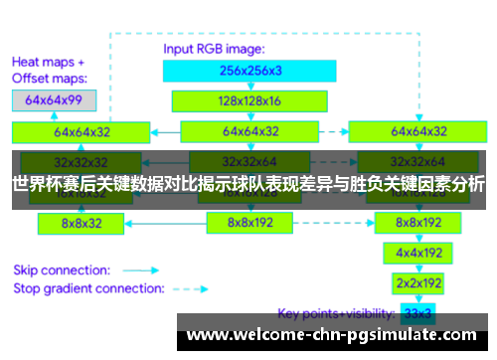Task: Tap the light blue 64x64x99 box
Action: (54, 100)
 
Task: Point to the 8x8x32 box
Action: (83, 224)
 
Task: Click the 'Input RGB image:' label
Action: (213, 49)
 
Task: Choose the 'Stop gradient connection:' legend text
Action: (88, 288)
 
